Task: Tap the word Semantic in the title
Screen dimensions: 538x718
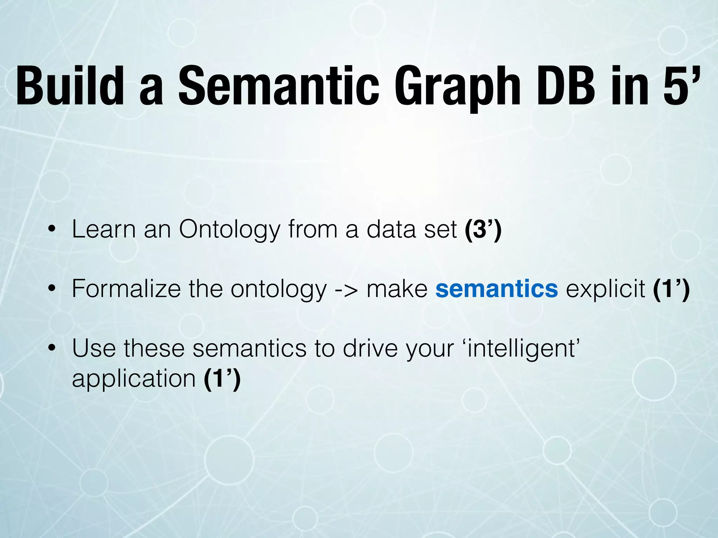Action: (279, 86)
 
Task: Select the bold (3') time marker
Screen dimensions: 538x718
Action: (483, 229)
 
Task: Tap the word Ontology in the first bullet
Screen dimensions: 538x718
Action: (230, 230)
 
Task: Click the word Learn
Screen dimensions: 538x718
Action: (104, 229)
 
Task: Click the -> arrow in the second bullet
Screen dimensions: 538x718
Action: (346, 289)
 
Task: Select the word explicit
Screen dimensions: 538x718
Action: (605, 289)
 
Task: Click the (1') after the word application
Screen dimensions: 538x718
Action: (222, 379)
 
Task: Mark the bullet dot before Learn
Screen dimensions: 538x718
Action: (52, 230)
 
